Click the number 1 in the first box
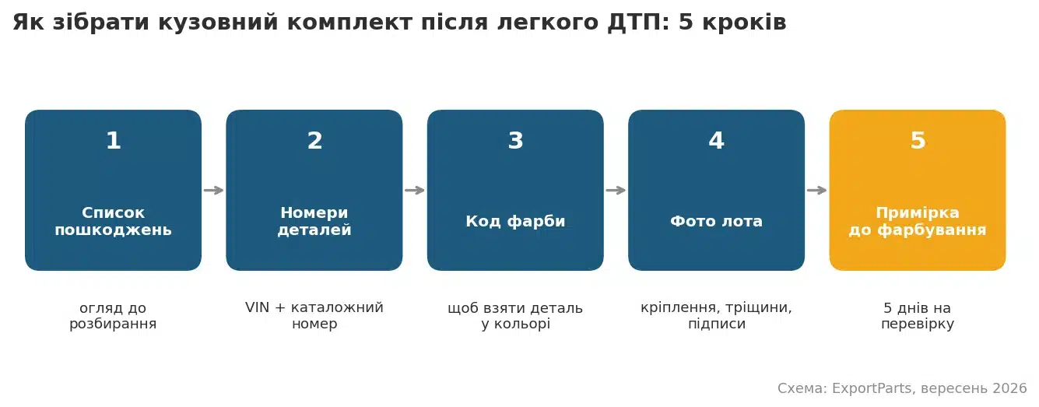click(114, 140)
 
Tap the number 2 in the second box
click(314, 140)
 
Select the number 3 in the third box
click(515, 140)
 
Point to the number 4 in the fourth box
click(716, 140)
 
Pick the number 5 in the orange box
click(918, 140)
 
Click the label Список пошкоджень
click(113, 221)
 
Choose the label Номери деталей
click(314, 221)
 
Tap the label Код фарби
click(515, 221)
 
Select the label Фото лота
click(716, 221)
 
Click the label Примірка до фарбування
click(918, 221)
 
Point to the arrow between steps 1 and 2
click(213, 190)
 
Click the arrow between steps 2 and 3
click(415, 190)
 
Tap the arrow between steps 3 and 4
click(616, 190)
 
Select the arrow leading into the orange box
click(817, 190)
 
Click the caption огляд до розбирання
click(113, 316)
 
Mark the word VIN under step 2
click(258, 307)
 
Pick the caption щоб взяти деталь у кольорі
click(515, 316)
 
